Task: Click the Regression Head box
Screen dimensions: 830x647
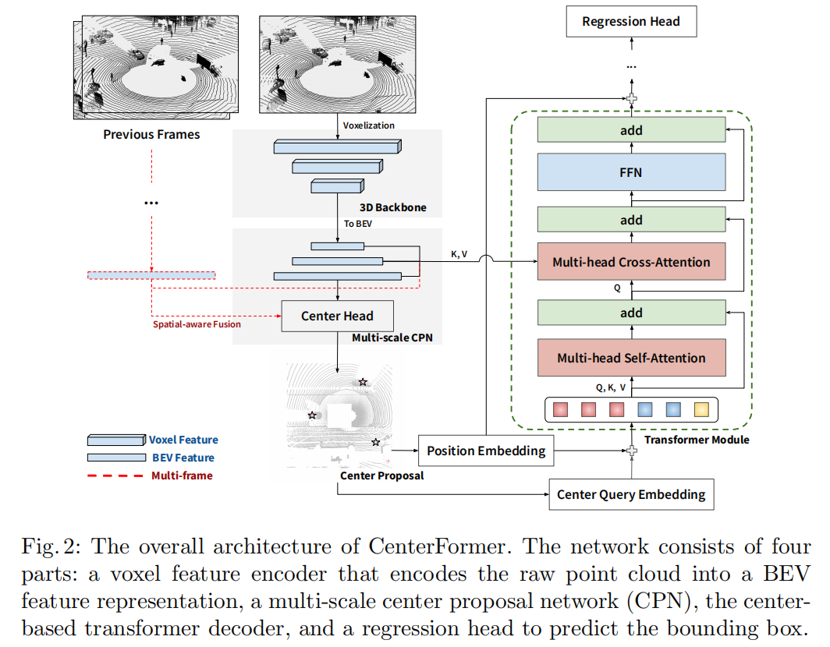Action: (631, 22)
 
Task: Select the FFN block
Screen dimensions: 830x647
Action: (631, 172)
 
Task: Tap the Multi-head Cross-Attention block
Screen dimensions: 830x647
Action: (631, 262)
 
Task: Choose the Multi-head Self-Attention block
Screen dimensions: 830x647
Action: (631, 358)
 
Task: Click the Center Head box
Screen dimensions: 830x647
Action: (337, 316)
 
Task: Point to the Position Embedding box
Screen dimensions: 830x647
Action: (486, 451)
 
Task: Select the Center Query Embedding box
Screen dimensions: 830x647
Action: (631, 495)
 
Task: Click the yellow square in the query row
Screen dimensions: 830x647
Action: (701, 409)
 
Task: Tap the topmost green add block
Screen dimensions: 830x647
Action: (631, 130)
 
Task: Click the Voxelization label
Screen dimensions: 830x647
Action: (368, 126)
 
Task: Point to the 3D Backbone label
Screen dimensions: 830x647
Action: (393, 207)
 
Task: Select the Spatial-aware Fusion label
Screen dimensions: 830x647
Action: (197, 324)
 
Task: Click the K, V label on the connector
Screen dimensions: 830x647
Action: (459, 254)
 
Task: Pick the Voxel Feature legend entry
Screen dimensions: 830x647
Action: (183, 440)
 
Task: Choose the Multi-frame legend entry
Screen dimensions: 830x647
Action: (182, 476)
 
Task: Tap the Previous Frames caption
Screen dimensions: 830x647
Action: (151, 134)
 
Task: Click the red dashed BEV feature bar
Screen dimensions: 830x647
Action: (151, 275)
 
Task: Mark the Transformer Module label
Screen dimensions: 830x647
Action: (697, 440)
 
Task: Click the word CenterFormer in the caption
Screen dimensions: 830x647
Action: (437, 546)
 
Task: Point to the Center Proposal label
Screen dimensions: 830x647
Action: (381, 476)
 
